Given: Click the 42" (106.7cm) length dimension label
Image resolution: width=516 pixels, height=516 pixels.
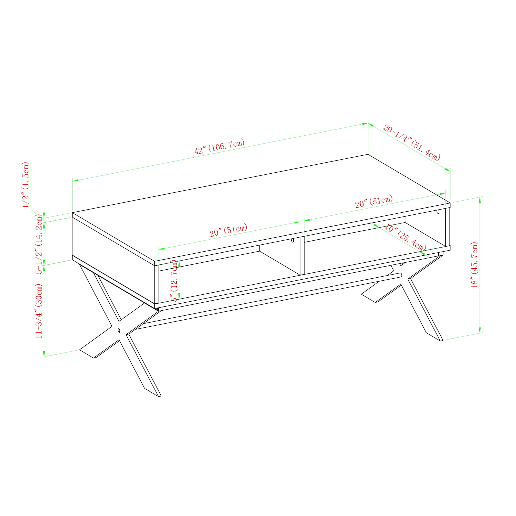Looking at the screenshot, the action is pos(219,147).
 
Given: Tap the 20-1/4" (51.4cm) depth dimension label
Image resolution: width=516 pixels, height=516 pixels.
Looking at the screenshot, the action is pos(412,143).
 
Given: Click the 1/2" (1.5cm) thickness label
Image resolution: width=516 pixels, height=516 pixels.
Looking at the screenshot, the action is pos(26,184).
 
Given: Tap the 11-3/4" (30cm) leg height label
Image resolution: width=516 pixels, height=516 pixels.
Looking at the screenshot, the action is pos(39,311).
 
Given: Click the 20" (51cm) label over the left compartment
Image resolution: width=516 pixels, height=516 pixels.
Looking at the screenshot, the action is pos(228,230).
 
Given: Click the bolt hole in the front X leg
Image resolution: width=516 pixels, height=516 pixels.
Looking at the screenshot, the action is pos(119,330).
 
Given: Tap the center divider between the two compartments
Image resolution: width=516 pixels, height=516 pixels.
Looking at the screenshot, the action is pos(302,255).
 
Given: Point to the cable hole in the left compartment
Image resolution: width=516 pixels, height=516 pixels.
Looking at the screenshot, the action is pos(293,240).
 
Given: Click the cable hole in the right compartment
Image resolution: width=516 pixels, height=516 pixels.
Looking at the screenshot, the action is pos(438,212).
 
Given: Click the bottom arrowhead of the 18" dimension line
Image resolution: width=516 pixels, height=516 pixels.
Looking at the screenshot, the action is pos(480,330).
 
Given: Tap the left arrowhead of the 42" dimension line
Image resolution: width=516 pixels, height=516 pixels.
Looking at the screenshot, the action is pos(75,181).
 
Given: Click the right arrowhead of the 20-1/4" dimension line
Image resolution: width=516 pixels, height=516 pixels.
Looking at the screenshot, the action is pos(447,170).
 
